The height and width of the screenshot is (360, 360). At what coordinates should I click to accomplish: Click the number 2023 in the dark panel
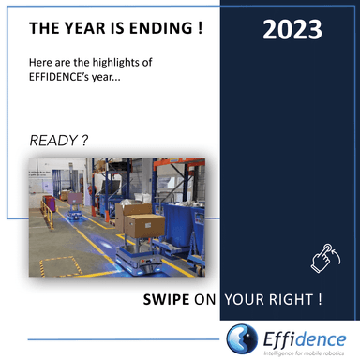292,29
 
